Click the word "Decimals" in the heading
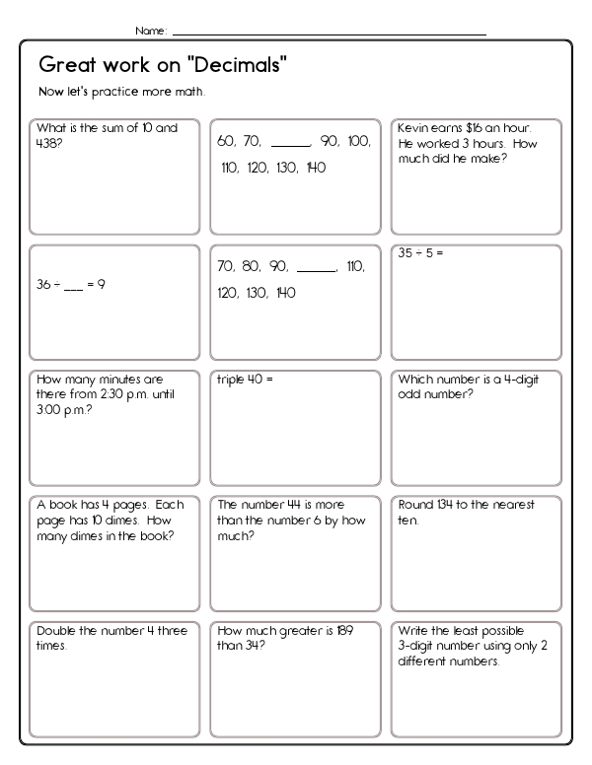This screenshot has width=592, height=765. [x=240, y=66]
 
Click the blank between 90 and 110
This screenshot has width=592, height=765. [x=316, y=267]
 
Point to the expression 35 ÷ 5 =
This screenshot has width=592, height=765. [x=421, y=253]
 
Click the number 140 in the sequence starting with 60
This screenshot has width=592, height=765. [x=316, y=168]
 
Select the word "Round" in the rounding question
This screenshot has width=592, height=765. [x=416, y=505]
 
